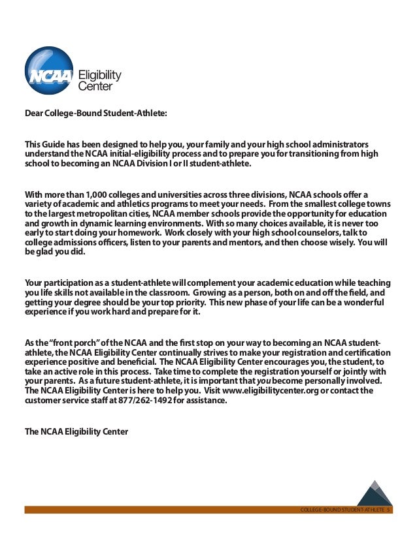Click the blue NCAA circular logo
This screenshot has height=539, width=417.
pos(50,67)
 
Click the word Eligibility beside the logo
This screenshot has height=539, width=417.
pos(100,75)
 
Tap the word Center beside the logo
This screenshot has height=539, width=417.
pos(95,85)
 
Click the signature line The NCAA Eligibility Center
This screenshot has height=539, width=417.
pos(76,431)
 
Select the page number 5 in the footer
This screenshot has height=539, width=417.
pos(388,509)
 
